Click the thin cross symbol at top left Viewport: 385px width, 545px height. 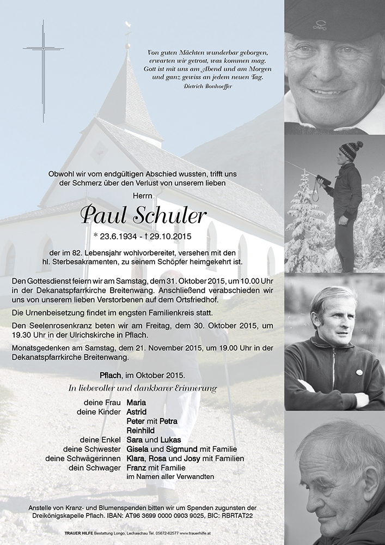click(43, 71)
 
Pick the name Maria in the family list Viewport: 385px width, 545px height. click(136, 402)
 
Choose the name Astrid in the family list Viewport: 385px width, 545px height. click(136, 411)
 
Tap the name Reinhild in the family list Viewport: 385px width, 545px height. click(140, 430)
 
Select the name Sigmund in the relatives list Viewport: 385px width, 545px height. click(168, 449)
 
